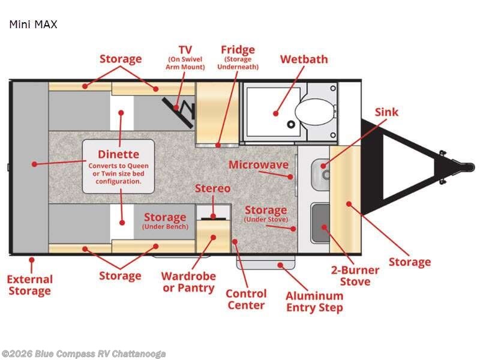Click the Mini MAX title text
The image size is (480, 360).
pyautogui.click(x=33, y=25)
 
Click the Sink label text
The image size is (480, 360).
pyautogui.click(x=386, y=112)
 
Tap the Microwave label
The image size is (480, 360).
pyautogui.click(x=259, y=164)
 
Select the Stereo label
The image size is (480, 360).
pyautogui.click(x=212, y=188)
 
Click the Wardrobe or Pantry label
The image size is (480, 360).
pyautogui.click(x=188, y=282)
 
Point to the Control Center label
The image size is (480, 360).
pyautogui.click(x=246, y=299)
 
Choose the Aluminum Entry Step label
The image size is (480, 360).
pyautogui.click(x=314, y=301)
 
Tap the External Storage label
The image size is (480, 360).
pyautogui.click(x=30, y=285)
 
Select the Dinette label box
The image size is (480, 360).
pyautogui.click(x=119, y=166)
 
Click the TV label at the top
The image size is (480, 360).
pyautogui.click(x=185, y=49)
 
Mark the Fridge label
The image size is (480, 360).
pyautogui.click(x=238, y=49)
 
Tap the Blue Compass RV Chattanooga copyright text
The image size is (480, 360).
pyautogui.click(x=83, y=354)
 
